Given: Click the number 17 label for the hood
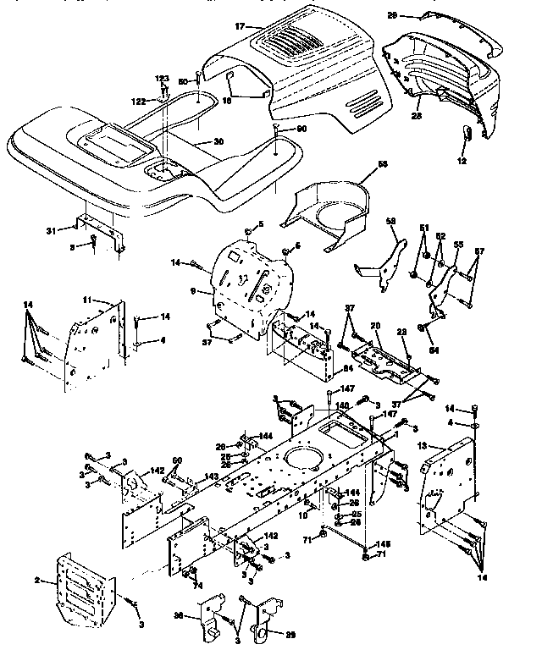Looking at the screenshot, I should [x=241, y=27].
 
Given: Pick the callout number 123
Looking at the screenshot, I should [x=163, y=79].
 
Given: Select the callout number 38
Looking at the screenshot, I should [x=179, y=616].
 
